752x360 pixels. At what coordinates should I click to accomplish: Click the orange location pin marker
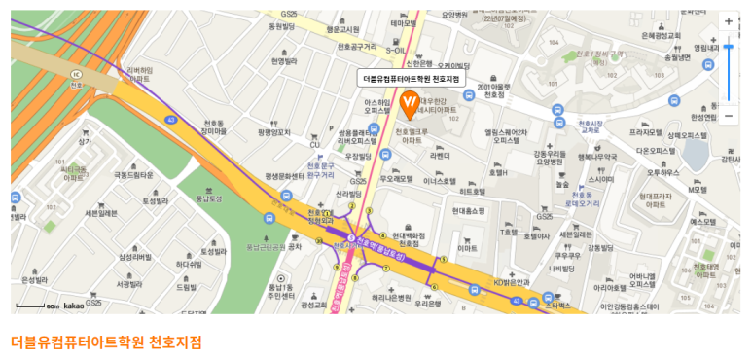click(x=411, y=100)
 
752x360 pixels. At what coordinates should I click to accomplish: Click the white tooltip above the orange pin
click(x=411, y=78)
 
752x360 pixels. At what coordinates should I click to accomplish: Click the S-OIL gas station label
click(x=396, y=50)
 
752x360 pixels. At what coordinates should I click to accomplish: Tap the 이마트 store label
click(x=468, y=248)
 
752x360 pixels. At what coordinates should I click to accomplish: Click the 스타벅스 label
click(x=558, y=306)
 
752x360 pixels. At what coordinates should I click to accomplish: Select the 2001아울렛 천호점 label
click(x=494, y=90)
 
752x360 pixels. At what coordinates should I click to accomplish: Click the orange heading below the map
click(x=107, y=342)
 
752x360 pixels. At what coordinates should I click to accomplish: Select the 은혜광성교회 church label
click(x=662, y=35)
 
